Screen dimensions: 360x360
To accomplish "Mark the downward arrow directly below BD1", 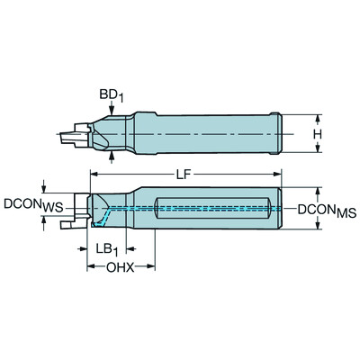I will [110, 109].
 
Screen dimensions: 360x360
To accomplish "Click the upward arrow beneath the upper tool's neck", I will [110, 157].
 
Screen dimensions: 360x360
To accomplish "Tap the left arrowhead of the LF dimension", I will [91, 173].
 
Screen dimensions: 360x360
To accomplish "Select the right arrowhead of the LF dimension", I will [280, 173].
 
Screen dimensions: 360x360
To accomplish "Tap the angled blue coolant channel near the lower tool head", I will [108, 215].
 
